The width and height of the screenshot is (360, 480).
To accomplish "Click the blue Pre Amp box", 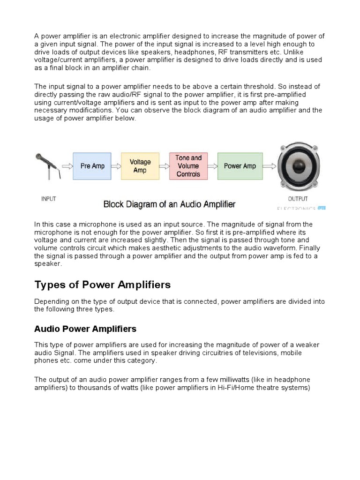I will pos(92,166).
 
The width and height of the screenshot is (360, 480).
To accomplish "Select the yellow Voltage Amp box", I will pos(140,166).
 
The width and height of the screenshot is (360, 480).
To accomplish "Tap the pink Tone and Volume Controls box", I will pos(188,166).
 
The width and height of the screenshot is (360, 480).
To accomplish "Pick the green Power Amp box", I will pos(240,166).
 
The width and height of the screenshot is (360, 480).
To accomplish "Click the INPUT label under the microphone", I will pos(48,199).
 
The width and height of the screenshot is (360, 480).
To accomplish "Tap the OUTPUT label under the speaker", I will pos(298,199).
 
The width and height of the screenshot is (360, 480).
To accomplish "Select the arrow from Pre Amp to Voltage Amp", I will pos(116,166).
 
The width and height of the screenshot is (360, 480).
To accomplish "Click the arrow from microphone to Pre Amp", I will pos(67,166).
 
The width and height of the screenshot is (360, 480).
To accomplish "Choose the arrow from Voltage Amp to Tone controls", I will pos(164,166).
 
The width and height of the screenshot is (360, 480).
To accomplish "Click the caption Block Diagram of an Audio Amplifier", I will pos(169,204).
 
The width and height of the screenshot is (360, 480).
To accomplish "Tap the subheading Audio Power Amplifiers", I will pos(85,329).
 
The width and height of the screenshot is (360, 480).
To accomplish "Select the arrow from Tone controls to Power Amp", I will pos(212,166).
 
